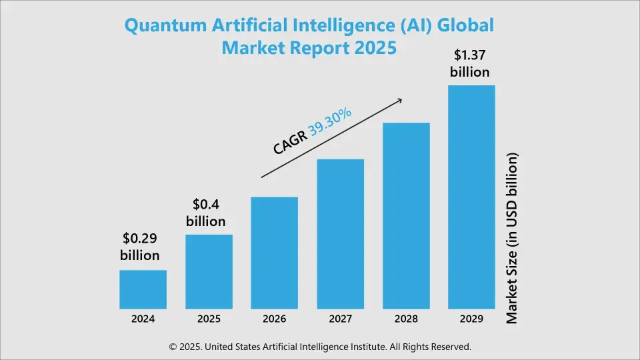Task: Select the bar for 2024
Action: click(x=143, y=289)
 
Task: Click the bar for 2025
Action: click(x=209, y=272)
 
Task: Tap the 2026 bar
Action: click(x=274, y=253)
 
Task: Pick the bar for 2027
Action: click(x=340, y=234)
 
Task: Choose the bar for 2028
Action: click(x=405, y=216)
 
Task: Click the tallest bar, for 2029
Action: click(x=471, y=197)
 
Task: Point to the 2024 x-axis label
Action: click(x=143, y=319)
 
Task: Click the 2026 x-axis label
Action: click(x=274, y=319)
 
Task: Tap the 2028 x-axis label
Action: click(x=405, y=319)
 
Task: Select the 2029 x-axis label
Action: click(x=471, y=319)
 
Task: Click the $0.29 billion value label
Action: click(x=140, y=246)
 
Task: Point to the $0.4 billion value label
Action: click(x=206, y=212)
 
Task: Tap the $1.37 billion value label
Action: click(x=470, y=63)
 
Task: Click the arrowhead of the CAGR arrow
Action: click(x=399, y=101)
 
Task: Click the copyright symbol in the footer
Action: click(x=173, y=347)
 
